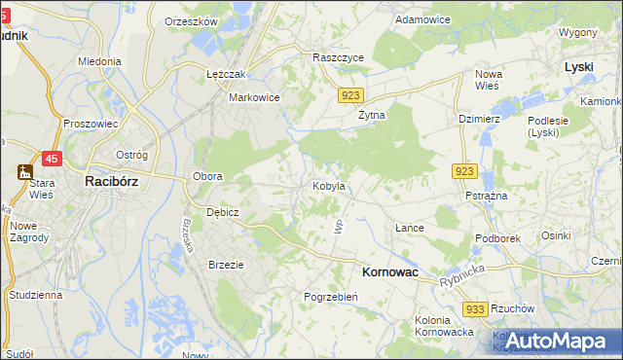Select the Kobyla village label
(x=328, y=185)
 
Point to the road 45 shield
(x=53, y=159)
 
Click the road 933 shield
(x=475, y=308)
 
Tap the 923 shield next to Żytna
(x=352, y=95)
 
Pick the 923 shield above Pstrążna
(x=464, y=171)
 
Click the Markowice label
(x=254, y=97)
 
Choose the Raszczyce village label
(x=338, y=57)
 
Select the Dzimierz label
(x=478, y=118)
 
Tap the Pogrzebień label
(x=332, y=297)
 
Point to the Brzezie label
(x=226, y=264)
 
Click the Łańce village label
(x=409, y=228)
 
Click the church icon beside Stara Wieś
(x=22, y=172)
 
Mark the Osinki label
(x=556, y=234)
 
